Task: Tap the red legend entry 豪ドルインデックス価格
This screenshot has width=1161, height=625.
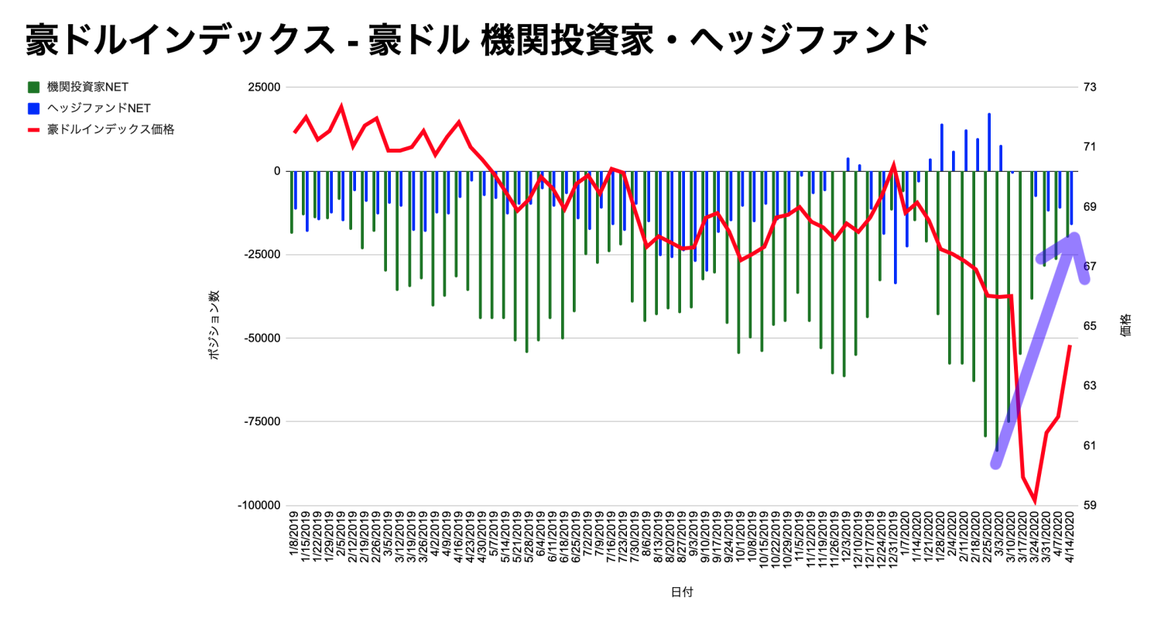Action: pos(109,129)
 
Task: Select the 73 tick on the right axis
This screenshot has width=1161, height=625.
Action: pos(1090,88)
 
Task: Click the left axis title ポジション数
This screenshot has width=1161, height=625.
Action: pos(214,324)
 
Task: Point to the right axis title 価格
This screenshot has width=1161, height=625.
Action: pos(1125,324)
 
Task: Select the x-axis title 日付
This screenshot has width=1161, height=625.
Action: pos(682,592)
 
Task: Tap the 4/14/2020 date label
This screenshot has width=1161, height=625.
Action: pos(1072,540)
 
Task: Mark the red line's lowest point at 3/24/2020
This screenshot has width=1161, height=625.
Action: pos(1035,502)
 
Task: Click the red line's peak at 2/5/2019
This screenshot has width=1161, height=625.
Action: pos(341,107)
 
